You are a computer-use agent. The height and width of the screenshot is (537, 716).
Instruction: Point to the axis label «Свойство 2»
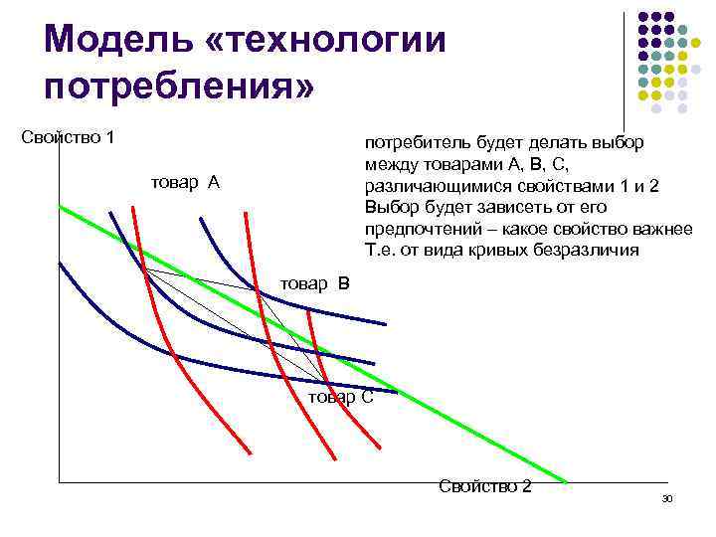(484, 486)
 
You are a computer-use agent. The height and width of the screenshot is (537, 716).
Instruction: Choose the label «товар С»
(341, 397)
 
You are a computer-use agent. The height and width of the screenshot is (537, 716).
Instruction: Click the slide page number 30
(667, 497)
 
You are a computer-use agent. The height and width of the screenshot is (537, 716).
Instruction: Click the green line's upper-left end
(60, 206)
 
